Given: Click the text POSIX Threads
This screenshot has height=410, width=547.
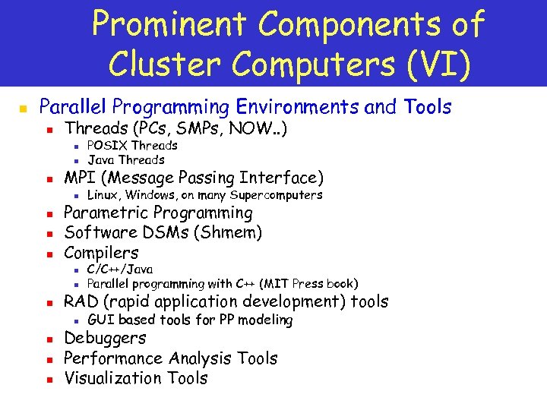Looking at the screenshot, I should (x=132, y=145).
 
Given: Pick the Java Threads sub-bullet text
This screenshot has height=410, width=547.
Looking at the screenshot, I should (x=125, y=159).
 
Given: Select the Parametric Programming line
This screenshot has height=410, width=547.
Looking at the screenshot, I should (x=158, y=213).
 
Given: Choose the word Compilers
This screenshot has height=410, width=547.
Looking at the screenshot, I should (x=101, y=253).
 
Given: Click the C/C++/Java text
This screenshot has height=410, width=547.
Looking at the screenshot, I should (x=120, y=269).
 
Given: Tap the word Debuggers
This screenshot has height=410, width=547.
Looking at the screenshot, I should (x=105, y=339).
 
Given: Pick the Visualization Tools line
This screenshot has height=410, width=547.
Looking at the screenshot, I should (x=135, y=378).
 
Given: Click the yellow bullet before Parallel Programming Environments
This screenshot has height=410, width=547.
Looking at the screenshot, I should (x=24, y=108).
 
